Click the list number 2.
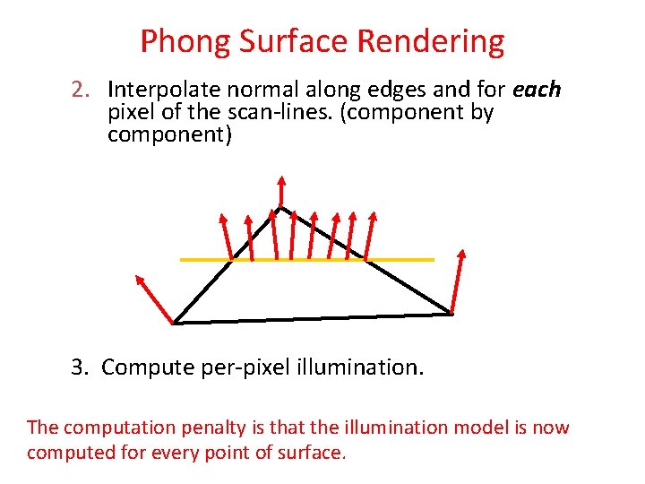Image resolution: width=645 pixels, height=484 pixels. point(82,91)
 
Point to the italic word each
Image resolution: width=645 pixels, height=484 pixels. point(537,91)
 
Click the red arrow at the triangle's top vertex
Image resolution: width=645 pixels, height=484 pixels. point(281,190)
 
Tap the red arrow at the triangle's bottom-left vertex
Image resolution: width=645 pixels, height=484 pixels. point(153,297)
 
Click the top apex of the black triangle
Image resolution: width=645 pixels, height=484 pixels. point(280,208)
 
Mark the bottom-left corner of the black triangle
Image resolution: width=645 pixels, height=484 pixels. point(174,323)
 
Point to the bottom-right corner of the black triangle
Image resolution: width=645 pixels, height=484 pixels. point(451,314)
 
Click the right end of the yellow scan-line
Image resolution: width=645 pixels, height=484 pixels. point(433,260)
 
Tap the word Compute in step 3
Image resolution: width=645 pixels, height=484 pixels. point(142,367)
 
